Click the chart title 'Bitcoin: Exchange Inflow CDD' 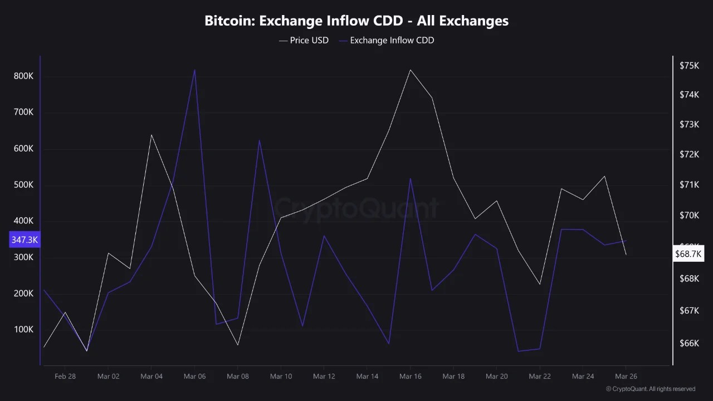(356, 21)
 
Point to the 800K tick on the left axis (23, 76)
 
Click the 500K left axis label (23, 185)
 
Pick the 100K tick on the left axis (23, 330)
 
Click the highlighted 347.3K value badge (25, 240)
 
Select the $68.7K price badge (688, 254)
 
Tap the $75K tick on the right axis (689, 66)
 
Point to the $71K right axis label (689, 185)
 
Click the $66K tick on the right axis (689, 343)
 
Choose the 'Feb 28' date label (65, 376)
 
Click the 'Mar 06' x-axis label (194, 376)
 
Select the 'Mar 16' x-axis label (410, 376)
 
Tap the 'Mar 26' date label (626, 376)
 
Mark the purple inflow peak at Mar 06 (194, 70)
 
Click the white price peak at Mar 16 (410, 70)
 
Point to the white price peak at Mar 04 (152, 135)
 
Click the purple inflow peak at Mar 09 (259, 140)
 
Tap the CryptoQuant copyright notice (650, 389)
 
